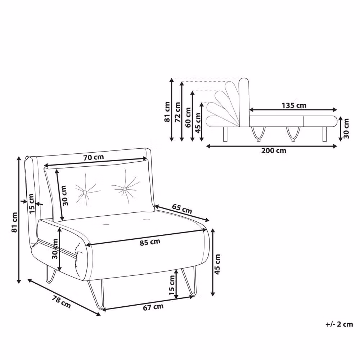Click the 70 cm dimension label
[94, 157]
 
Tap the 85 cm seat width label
[150, 242]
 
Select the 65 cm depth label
[182, 209]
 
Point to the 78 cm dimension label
[61, 302]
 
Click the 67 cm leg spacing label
[153, 307]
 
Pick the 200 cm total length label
[274, 150]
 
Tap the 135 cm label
[294, 105]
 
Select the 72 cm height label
[177, 112]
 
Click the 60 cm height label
[188, 117]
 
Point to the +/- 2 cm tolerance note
[339, 324]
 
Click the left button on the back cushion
[85, 192]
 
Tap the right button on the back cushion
[125, 189]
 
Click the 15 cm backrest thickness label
[31, 203]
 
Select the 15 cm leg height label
[172, 285]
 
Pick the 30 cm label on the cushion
[64, 195]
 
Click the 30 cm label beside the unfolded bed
[346, 129]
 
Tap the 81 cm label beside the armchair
[14, 222]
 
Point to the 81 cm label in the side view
[167, 112]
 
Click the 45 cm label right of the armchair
[217, 264]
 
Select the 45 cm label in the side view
[198, 123]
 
